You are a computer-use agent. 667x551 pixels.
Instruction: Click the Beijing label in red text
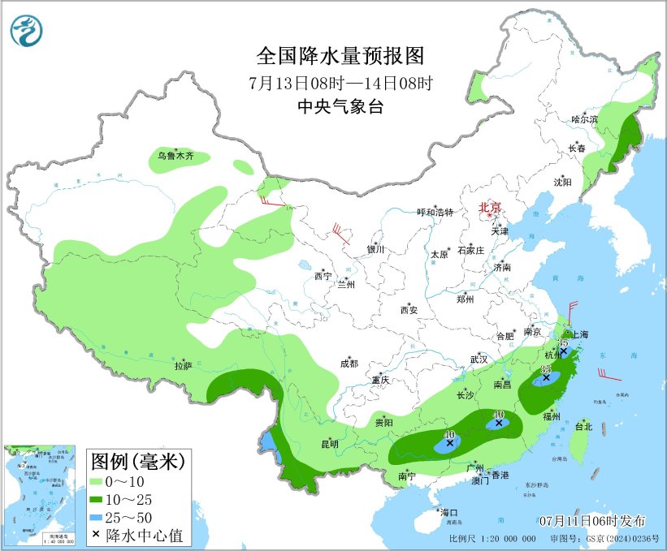coord(491,207)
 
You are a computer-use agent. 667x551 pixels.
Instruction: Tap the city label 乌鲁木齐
coord(175,155)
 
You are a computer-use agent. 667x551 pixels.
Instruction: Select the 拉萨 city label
coord(183,366)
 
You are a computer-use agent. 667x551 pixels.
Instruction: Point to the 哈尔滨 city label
coord(583,119)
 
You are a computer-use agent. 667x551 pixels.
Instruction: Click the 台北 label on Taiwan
coord(583,426)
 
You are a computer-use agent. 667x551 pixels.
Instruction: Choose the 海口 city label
coord(448,513)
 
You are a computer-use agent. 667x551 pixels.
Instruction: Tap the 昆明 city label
coord(329,444)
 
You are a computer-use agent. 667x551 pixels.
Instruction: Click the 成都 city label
coord(349,364)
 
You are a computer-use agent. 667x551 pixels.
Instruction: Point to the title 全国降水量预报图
coord(340,56)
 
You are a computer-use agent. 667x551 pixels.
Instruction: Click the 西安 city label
coord(408,310)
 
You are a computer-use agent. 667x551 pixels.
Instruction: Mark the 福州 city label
coord(552,416)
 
